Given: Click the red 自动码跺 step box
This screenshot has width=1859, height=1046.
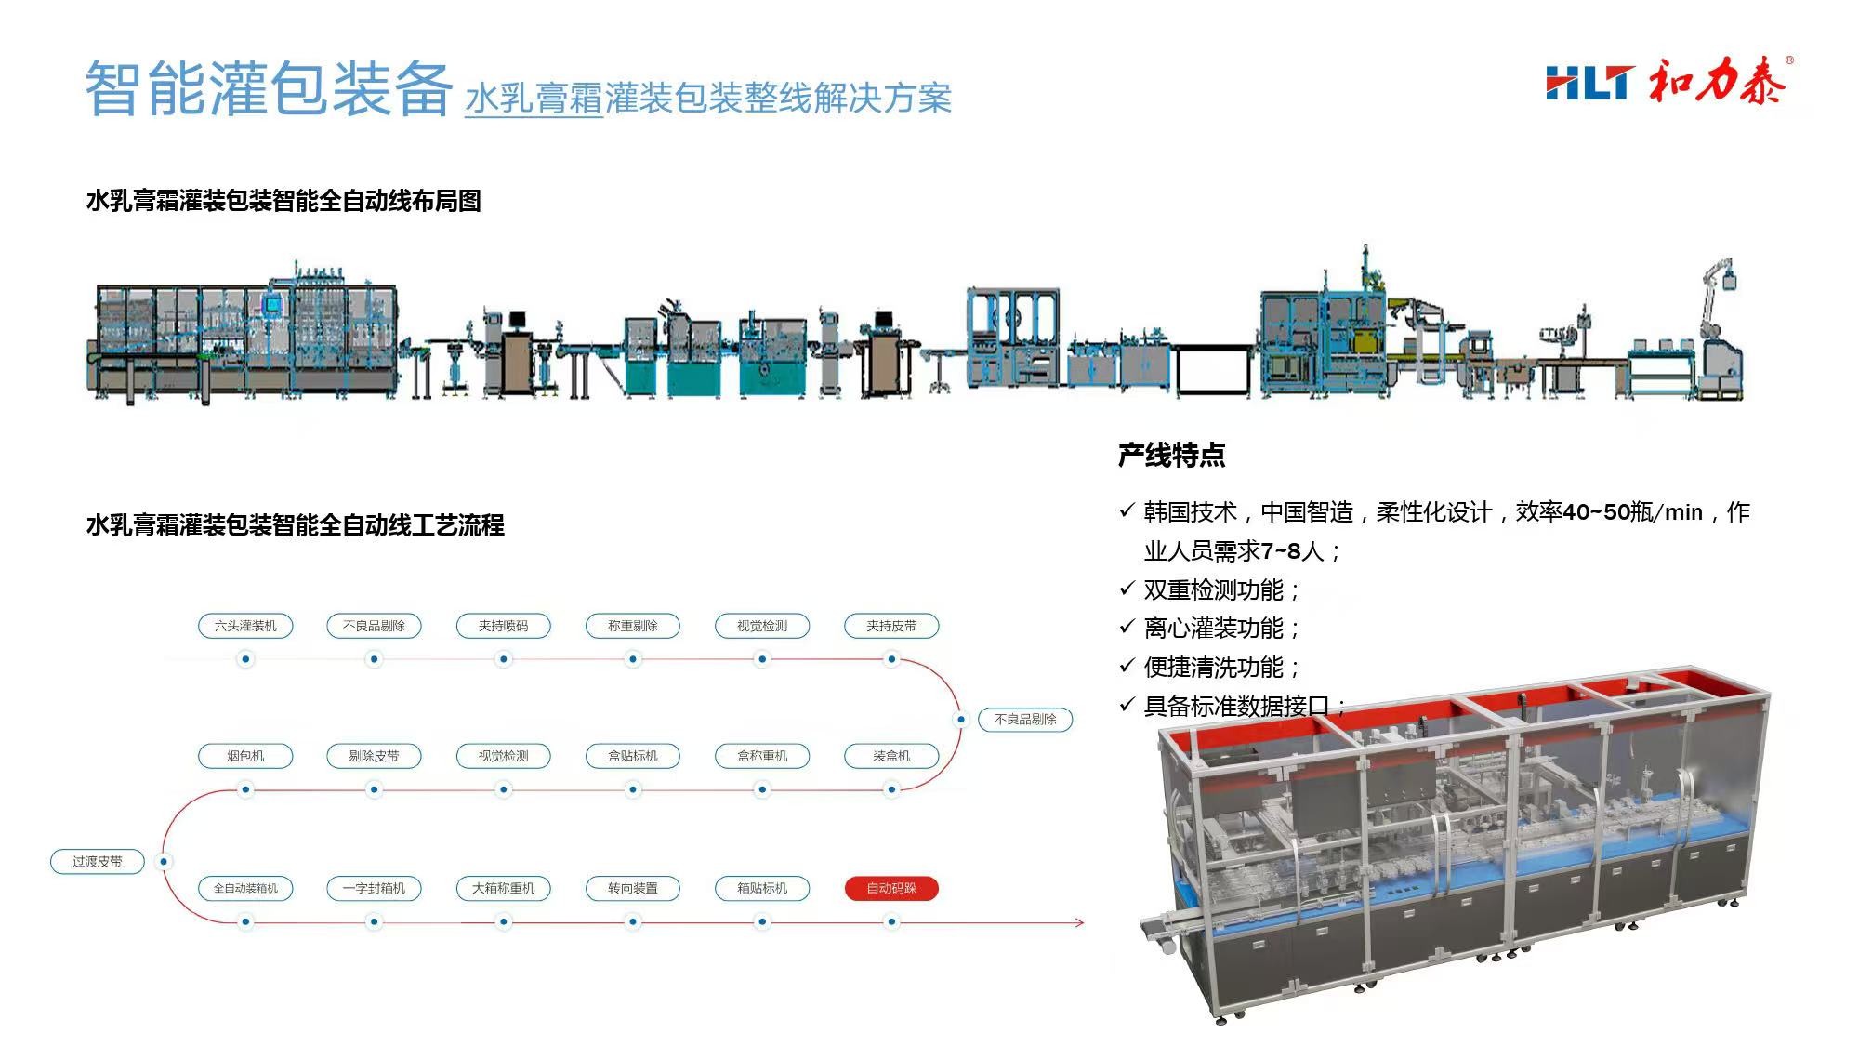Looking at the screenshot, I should pos(891,888).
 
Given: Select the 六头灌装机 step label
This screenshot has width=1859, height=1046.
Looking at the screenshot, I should pos(245,626).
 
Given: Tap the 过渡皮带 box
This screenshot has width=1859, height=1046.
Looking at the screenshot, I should pos(98,862).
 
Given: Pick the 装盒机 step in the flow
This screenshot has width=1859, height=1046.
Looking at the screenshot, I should pos(891,756).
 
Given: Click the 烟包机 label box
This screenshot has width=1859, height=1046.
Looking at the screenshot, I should pos(245,756).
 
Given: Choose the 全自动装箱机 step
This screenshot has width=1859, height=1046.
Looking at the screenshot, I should pos(245,888).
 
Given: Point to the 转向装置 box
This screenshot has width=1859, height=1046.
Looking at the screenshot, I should pos(632,888).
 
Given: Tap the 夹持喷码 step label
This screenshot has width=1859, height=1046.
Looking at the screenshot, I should pos(503,626).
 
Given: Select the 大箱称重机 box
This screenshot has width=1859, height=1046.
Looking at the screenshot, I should pos(503,888).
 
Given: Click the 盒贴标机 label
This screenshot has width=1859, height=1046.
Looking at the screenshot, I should pos(632,756).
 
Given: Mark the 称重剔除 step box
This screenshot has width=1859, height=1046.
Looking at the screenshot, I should pos(632,626).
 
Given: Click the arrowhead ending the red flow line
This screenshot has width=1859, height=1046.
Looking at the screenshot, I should pos(1079,922).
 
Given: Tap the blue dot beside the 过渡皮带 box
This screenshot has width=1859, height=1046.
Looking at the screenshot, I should pos(164,862).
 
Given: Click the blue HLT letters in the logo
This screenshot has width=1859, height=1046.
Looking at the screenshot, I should pos(1587,83).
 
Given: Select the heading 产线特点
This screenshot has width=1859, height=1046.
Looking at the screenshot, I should pos(1171,455).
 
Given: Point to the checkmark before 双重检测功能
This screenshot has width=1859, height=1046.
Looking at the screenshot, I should pos(1127,589).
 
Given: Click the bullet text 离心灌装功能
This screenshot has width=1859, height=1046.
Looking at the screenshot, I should pos(1213,629).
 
